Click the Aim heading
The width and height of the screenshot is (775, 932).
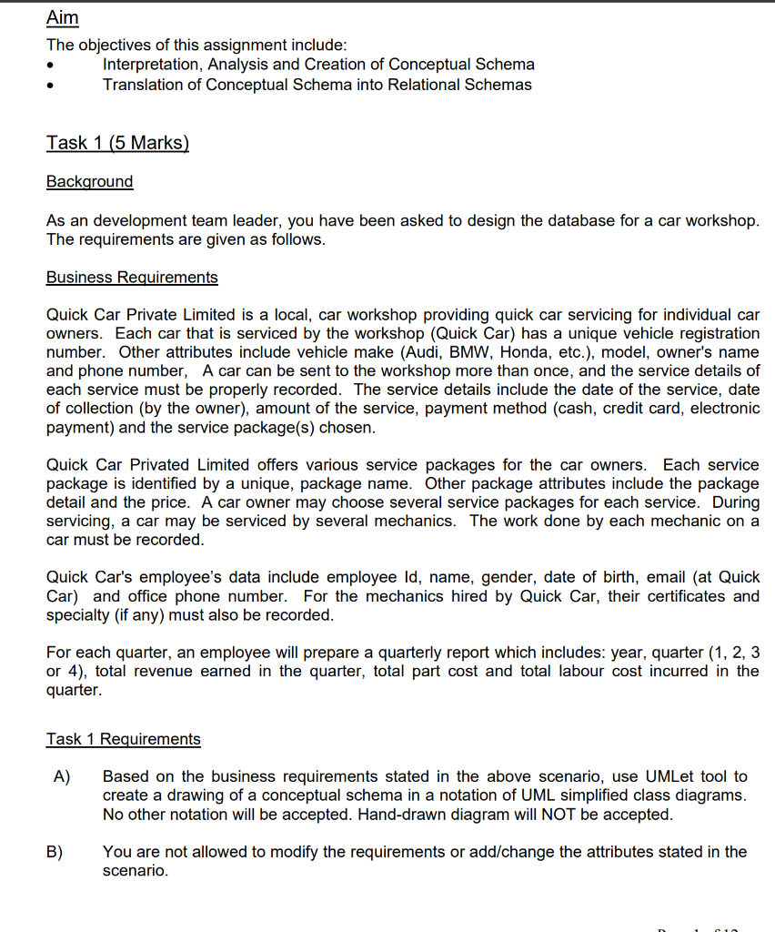62,18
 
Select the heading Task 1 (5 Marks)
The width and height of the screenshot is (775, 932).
117,143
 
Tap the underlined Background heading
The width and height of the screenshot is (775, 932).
89,181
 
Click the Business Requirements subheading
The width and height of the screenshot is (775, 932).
132,277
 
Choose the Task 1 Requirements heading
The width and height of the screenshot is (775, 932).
123,739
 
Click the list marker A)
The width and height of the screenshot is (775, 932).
62,776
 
